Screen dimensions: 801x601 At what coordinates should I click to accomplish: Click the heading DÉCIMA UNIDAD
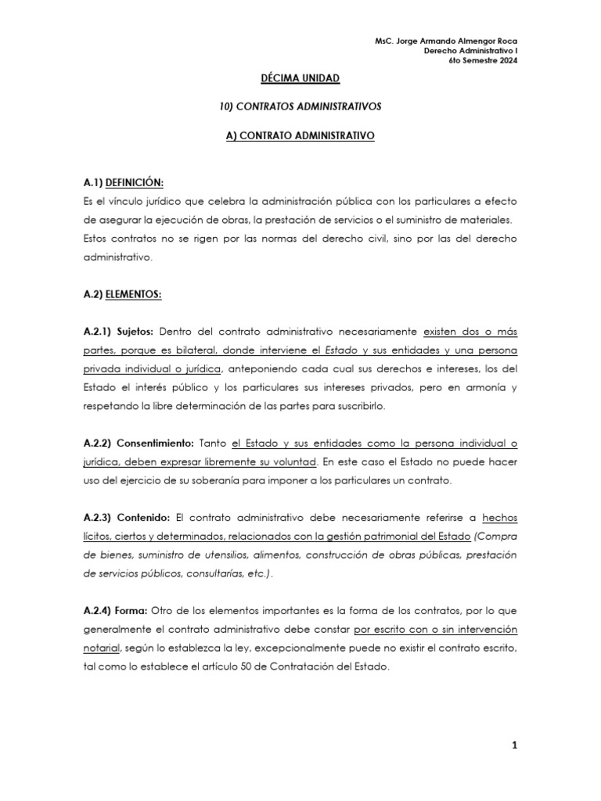pyautogui.click(x=300, y=79)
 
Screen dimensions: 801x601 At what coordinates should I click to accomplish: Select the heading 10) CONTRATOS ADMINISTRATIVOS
pyautogui.click(x=300, y=107)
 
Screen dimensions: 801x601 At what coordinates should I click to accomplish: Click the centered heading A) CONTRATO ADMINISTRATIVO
pyautogui.click(x=300, y=135)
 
